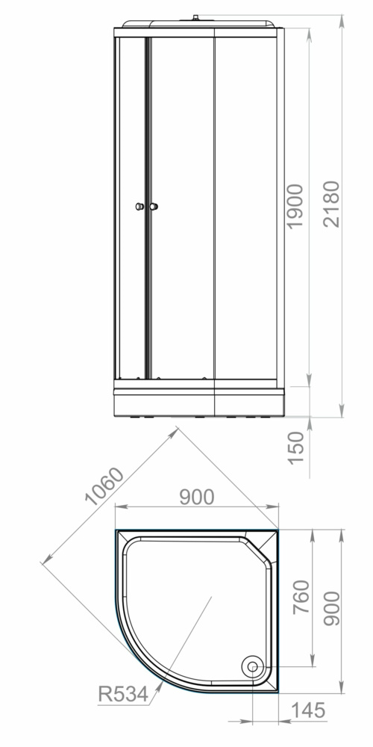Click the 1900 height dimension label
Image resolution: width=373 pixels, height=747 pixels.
click(295, 206)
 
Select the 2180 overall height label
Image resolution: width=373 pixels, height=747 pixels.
click(331, 204)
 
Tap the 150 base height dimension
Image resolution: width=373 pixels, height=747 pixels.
click(295, 447)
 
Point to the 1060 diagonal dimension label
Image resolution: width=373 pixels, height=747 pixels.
click(104, 486)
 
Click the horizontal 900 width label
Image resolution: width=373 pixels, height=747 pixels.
click(196, 497)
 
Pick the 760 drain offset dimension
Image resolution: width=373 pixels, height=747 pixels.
click(301, 597)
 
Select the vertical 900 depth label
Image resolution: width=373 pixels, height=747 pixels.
click(332, 608)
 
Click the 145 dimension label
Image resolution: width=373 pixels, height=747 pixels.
click(308, 710)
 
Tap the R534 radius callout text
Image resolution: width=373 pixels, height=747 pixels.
click(123, 694)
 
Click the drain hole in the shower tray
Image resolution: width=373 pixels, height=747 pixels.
click(252, 666)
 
